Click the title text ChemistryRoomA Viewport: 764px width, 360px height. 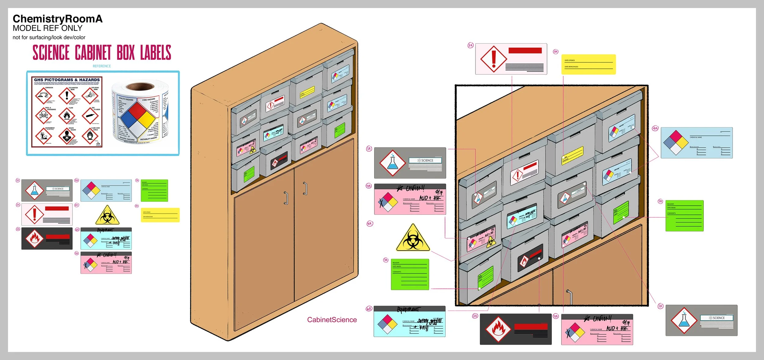[57, 19]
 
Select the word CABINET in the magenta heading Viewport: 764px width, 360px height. [93, 53]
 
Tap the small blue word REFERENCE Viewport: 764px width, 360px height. [102, 66]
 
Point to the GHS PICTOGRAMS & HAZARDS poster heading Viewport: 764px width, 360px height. [67, 80]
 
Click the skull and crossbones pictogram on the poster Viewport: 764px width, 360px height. [44, 115]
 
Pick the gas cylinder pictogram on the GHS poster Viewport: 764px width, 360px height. [90, 116]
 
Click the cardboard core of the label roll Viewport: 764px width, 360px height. [140, 86]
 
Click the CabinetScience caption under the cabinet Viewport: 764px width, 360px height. [332, 320]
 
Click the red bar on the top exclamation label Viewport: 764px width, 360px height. [525, 50]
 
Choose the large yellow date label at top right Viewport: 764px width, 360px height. [588, 64]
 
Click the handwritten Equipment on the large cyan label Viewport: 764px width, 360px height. [409, 310]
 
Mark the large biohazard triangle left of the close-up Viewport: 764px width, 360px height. [413, 239]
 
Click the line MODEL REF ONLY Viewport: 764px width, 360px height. [47, 28]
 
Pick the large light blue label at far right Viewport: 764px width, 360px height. [696, 143]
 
